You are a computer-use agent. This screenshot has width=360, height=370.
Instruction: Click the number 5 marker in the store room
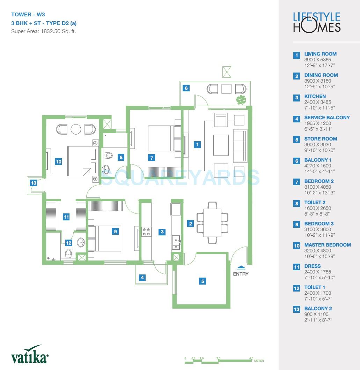coord(203,281)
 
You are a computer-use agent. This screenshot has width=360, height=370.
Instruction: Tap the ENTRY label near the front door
coord(241,274)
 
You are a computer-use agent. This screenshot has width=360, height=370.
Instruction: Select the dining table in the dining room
coord(212,223)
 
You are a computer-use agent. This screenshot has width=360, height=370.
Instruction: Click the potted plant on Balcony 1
coord(241,100)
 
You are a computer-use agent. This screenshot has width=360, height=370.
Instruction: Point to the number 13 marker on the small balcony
coord(33,183)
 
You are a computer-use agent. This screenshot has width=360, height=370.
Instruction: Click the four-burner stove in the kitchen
coord(146,232)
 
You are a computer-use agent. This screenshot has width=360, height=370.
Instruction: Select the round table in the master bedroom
coord(76,129)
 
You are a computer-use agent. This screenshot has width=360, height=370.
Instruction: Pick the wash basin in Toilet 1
coord(81,242)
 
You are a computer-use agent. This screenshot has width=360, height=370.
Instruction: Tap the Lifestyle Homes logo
coord(316,22)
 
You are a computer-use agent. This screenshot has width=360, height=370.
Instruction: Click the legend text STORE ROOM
coord(321,139)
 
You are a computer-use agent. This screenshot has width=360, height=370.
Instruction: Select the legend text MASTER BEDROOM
coord(327,245)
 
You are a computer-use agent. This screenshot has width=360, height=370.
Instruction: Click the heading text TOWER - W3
coord(28,15)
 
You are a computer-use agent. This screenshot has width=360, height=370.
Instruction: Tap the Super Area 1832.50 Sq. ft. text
coord(43,31)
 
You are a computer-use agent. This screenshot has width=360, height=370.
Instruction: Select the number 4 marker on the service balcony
coord(142,278)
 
